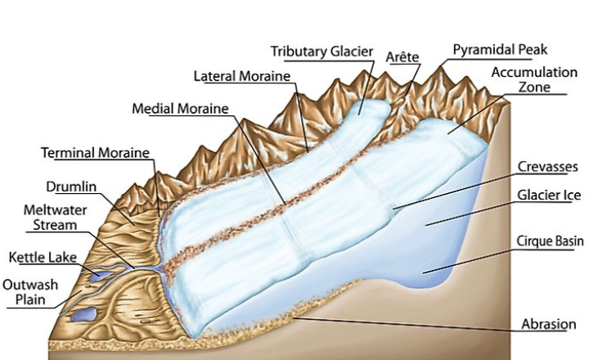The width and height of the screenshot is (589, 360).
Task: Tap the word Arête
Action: (402, 56)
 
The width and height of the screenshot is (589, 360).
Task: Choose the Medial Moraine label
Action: (181, 109)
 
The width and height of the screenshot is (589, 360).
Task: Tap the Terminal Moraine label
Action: (97, 153)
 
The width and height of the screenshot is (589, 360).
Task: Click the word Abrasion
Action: (550, 324)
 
